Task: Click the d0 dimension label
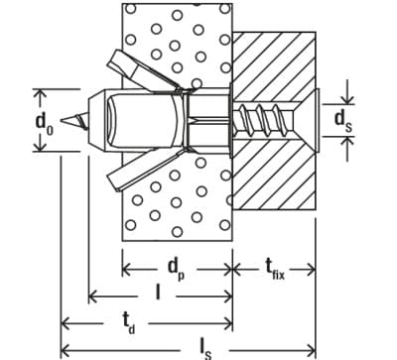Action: coord(45,123)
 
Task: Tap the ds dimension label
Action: coord(343,120)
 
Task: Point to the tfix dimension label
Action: coord(274,269)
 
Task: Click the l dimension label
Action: coord(158,293)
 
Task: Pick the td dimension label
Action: coord(129,321)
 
